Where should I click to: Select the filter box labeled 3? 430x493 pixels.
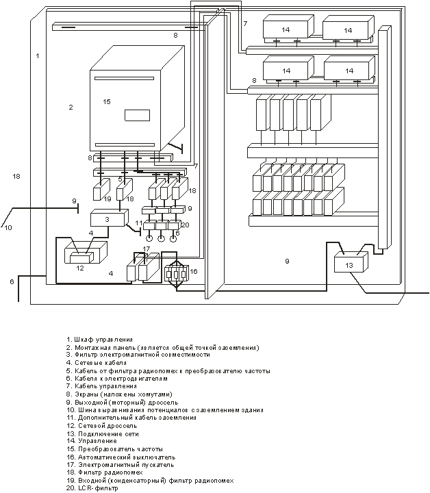[110, 218]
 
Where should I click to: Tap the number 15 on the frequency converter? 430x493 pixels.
[107, 101]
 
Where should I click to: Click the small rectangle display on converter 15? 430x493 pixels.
[138, 116]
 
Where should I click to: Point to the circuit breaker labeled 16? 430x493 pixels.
[177, 273]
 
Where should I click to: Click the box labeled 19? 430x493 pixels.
[101, 190]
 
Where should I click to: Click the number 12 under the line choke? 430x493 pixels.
[80, 268]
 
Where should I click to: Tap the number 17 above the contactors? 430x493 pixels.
[146, 249]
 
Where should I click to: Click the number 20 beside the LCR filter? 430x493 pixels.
[186, 225]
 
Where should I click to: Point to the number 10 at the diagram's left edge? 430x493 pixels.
[8, 227]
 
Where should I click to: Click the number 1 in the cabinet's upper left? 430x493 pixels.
[38, 56]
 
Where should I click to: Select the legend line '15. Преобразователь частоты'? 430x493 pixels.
[115, 449]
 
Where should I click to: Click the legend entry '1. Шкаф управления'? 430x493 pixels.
[100, 340]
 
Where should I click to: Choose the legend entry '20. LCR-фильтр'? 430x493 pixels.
[92, 488]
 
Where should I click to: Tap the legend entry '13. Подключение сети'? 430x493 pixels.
[103, 434]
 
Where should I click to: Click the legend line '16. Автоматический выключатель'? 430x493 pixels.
[121, 457]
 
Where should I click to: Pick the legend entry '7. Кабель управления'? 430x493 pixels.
[101, 386]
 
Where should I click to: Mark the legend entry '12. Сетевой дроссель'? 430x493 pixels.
[102, 426]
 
